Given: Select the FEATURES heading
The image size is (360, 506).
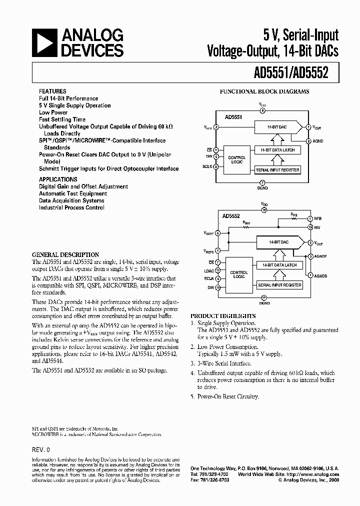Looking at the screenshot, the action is [x=52, y=91].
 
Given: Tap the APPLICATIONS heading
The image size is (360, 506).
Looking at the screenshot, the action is [x=58, y=179].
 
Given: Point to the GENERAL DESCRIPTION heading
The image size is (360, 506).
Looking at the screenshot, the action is [x=65, y=254].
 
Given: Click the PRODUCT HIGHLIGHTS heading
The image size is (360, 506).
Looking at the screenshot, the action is [x=223, y=316].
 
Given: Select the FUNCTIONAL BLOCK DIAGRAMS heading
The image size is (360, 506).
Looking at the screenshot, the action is [x=264, y=91].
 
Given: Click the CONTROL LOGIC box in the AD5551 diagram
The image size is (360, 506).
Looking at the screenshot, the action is [x=236, y=159].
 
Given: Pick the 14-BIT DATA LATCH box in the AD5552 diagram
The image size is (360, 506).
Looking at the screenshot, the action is [x=279, y=264].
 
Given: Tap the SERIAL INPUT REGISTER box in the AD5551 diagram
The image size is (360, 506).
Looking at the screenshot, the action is [x=277, y=170].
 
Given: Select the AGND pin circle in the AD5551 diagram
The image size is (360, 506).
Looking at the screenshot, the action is [x=308, y=141].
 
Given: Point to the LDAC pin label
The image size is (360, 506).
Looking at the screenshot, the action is [x=208, y=270].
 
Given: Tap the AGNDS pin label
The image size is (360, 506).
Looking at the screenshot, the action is [x=321, y=275].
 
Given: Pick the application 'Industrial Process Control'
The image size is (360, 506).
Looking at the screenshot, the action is [x=71, y=207].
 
